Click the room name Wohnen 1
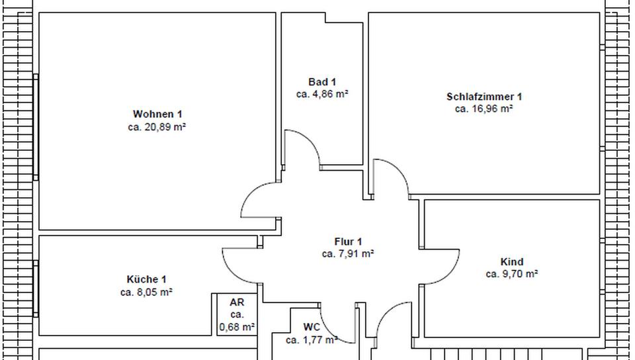157,114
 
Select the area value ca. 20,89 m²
157,127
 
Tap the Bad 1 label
322,81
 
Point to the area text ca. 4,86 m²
322,94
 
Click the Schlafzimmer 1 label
484,97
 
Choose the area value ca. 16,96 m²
484,109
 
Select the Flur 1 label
348,242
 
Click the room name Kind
512,262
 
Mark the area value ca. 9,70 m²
512,274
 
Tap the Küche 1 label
146,279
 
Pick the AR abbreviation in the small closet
237,302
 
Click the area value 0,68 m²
237,326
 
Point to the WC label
312,327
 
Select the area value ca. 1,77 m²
312,340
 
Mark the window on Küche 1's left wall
36,289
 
